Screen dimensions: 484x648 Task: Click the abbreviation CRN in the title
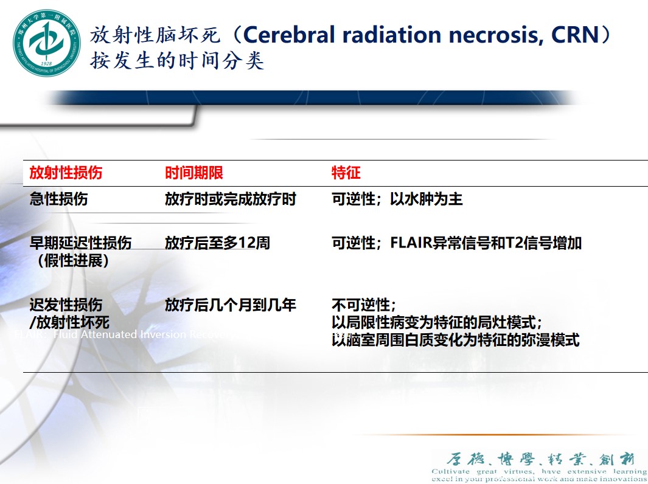[x=574, y=35]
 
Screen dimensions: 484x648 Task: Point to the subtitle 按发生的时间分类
[x=177, y=61]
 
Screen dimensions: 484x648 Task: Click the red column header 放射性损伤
[x=66, y=173]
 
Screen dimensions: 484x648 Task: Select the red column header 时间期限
[x=194, y=173]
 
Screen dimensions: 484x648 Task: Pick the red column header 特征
[x=346, y=173]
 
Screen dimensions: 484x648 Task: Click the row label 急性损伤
[x=58, y=199]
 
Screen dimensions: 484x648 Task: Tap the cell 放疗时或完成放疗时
[x=230, y=199]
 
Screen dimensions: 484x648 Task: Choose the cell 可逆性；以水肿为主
[x=397, y=199]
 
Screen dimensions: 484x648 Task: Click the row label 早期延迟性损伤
[x=80, y=243]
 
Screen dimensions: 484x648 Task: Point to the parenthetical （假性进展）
[x=72, y=261]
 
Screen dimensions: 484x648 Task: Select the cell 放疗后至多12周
[x=217, y=243]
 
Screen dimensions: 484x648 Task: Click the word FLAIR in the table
[x=411, y=243]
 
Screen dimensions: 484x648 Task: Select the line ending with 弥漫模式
[x=455, y=340]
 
